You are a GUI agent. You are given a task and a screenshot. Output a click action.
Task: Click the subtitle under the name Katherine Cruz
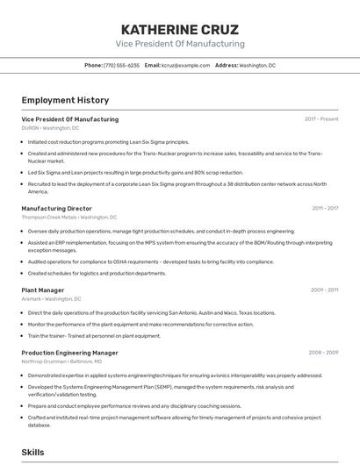pos(180,44)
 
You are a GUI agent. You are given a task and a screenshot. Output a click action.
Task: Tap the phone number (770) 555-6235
pos(121,66)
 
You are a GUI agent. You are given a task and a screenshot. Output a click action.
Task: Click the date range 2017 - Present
pos(321,119)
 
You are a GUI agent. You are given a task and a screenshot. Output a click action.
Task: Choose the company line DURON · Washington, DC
pos(50,128)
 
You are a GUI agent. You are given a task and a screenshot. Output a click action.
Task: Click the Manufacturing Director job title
pos(56,209)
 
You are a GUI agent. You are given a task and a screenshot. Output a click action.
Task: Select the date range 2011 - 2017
pos(325,209)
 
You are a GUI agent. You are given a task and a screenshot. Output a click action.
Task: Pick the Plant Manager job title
pos(43,290)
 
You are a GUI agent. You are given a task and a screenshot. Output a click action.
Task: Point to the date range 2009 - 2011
pos(324,290)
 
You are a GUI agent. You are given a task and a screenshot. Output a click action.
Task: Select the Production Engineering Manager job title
pos(69,353)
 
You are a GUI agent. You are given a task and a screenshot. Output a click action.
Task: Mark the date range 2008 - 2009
pos(323,353)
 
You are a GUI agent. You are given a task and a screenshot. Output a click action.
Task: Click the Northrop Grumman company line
pos(61,361)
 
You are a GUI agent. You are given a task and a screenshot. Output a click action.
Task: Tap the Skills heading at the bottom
pos(33,452)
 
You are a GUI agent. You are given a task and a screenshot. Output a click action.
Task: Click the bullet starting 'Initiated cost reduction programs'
pos(108,141)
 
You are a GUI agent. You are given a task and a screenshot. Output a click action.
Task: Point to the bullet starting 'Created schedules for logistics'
pos(97,273)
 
